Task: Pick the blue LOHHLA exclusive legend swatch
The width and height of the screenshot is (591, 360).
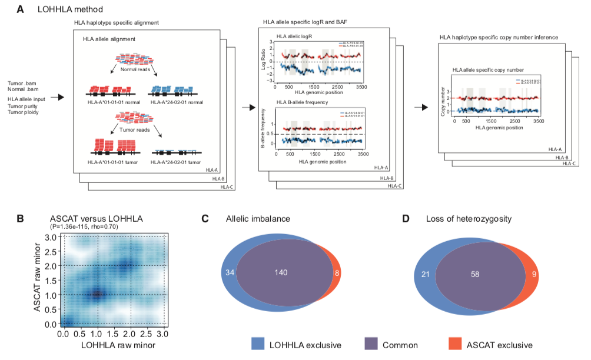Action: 261,345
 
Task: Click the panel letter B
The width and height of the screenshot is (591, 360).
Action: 21,219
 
